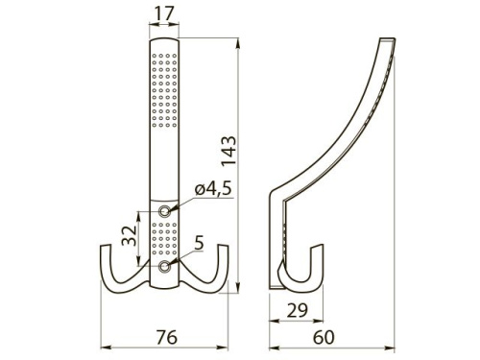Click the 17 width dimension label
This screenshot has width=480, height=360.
pos(164,13)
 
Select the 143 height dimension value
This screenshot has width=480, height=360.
pos(229,151)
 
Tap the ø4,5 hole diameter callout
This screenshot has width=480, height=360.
pos(213,189)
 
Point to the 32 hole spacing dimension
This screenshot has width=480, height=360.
pos(129,235)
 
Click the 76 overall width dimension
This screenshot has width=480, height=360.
pos(167,337)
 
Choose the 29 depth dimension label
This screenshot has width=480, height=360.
pos(298,310)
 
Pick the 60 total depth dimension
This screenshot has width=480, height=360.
pos(324,337)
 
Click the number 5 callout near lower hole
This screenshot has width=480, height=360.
pos(199,243)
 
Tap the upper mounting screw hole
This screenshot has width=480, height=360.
pos(165,211)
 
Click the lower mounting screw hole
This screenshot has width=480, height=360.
pos(165,266)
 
